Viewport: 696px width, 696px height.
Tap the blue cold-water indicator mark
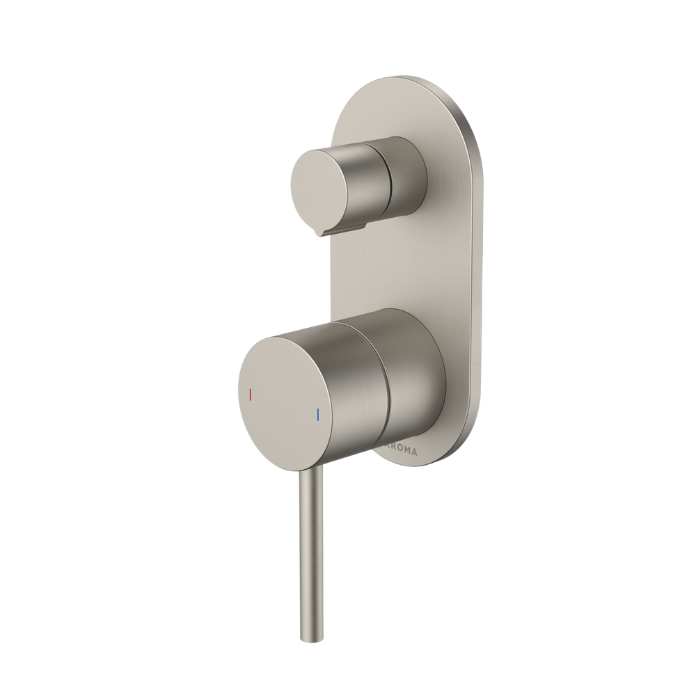point(317,416)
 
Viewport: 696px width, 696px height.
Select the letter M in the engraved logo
point(409,451)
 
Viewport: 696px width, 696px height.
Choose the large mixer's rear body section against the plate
point(414,376)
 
